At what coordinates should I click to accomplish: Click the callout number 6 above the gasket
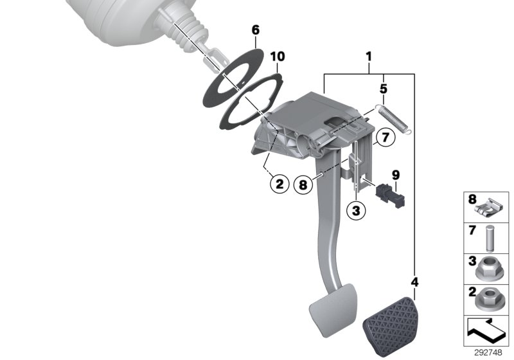click(255, 30)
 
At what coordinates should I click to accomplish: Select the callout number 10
click(277, 57)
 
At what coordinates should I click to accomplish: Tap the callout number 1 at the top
click(369, 57)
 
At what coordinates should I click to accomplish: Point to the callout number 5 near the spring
click(383, 87)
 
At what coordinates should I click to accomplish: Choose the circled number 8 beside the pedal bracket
click(304, 184)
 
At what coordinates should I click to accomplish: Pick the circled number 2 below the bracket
click(279, 184)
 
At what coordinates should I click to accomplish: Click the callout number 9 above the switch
click(396, 174)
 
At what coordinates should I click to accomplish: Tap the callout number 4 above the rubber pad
click(414, 282)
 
